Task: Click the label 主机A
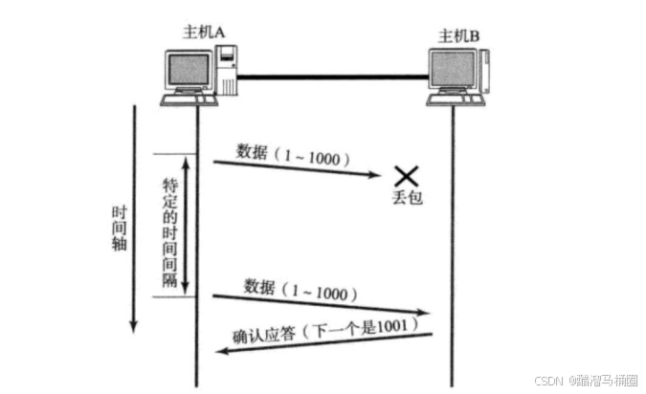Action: [204, 32]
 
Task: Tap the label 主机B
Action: [458, 36]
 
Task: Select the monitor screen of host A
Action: [189, 69]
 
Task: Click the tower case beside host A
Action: [227, 76]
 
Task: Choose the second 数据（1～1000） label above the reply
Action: [301, 288]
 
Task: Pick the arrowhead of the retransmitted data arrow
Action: [424, 313]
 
